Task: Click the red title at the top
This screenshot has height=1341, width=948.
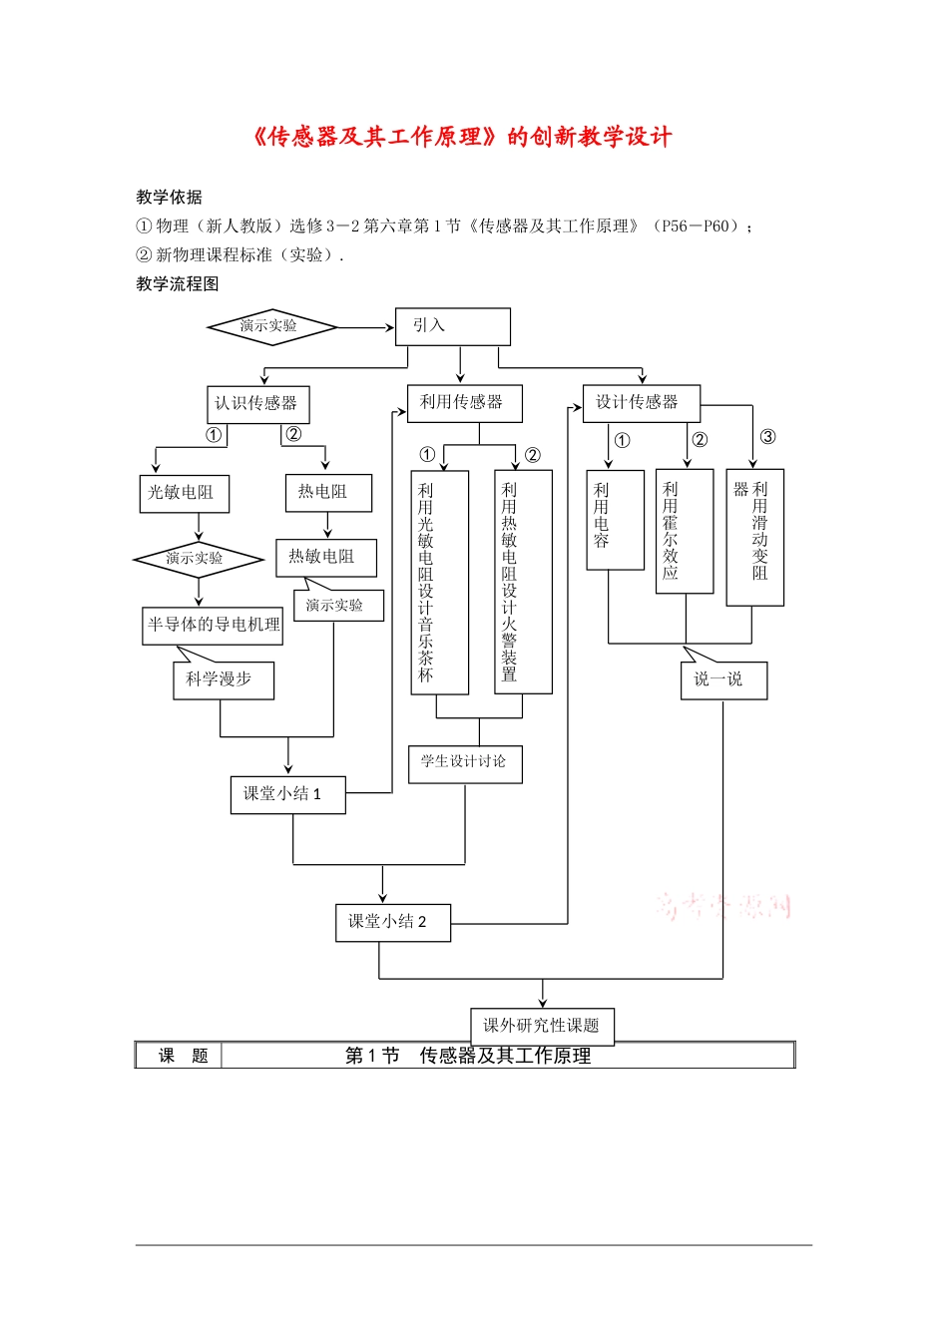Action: coord(463,137)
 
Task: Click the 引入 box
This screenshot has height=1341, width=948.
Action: coord(452,326)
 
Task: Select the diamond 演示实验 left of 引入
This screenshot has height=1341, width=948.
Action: coord(270,326)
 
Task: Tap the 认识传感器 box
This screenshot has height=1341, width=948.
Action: coord(257,404)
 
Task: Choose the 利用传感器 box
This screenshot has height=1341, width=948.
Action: coord(464,402)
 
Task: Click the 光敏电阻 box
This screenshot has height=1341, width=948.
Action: coord(183,493)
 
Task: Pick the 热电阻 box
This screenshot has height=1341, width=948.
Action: coord(328,492)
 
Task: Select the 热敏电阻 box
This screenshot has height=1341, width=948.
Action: coord(325,557)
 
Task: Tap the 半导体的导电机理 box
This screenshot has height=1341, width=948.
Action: coord(213,626)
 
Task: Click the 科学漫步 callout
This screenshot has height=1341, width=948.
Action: coord(223,679)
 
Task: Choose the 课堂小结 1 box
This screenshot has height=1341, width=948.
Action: coord(287,794)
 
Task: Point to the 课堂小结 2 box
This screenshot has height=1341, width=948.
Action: coord(392,922)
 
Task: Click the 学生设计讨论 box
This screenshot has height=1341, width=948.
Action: coord(465,763)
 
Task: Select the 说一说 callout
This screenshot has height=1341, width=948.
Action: coord(723,679)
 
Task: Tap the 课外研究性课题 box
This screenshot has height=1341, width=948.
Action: coord(542,1026)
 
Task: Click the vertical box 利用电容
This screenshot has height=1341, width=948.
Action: coord(615,519)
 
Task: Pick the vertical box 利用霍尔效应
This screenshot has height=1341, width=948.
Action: coord(684,530)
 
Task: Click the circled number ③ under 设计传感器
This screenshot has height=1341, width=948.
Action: coord(767,437)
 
